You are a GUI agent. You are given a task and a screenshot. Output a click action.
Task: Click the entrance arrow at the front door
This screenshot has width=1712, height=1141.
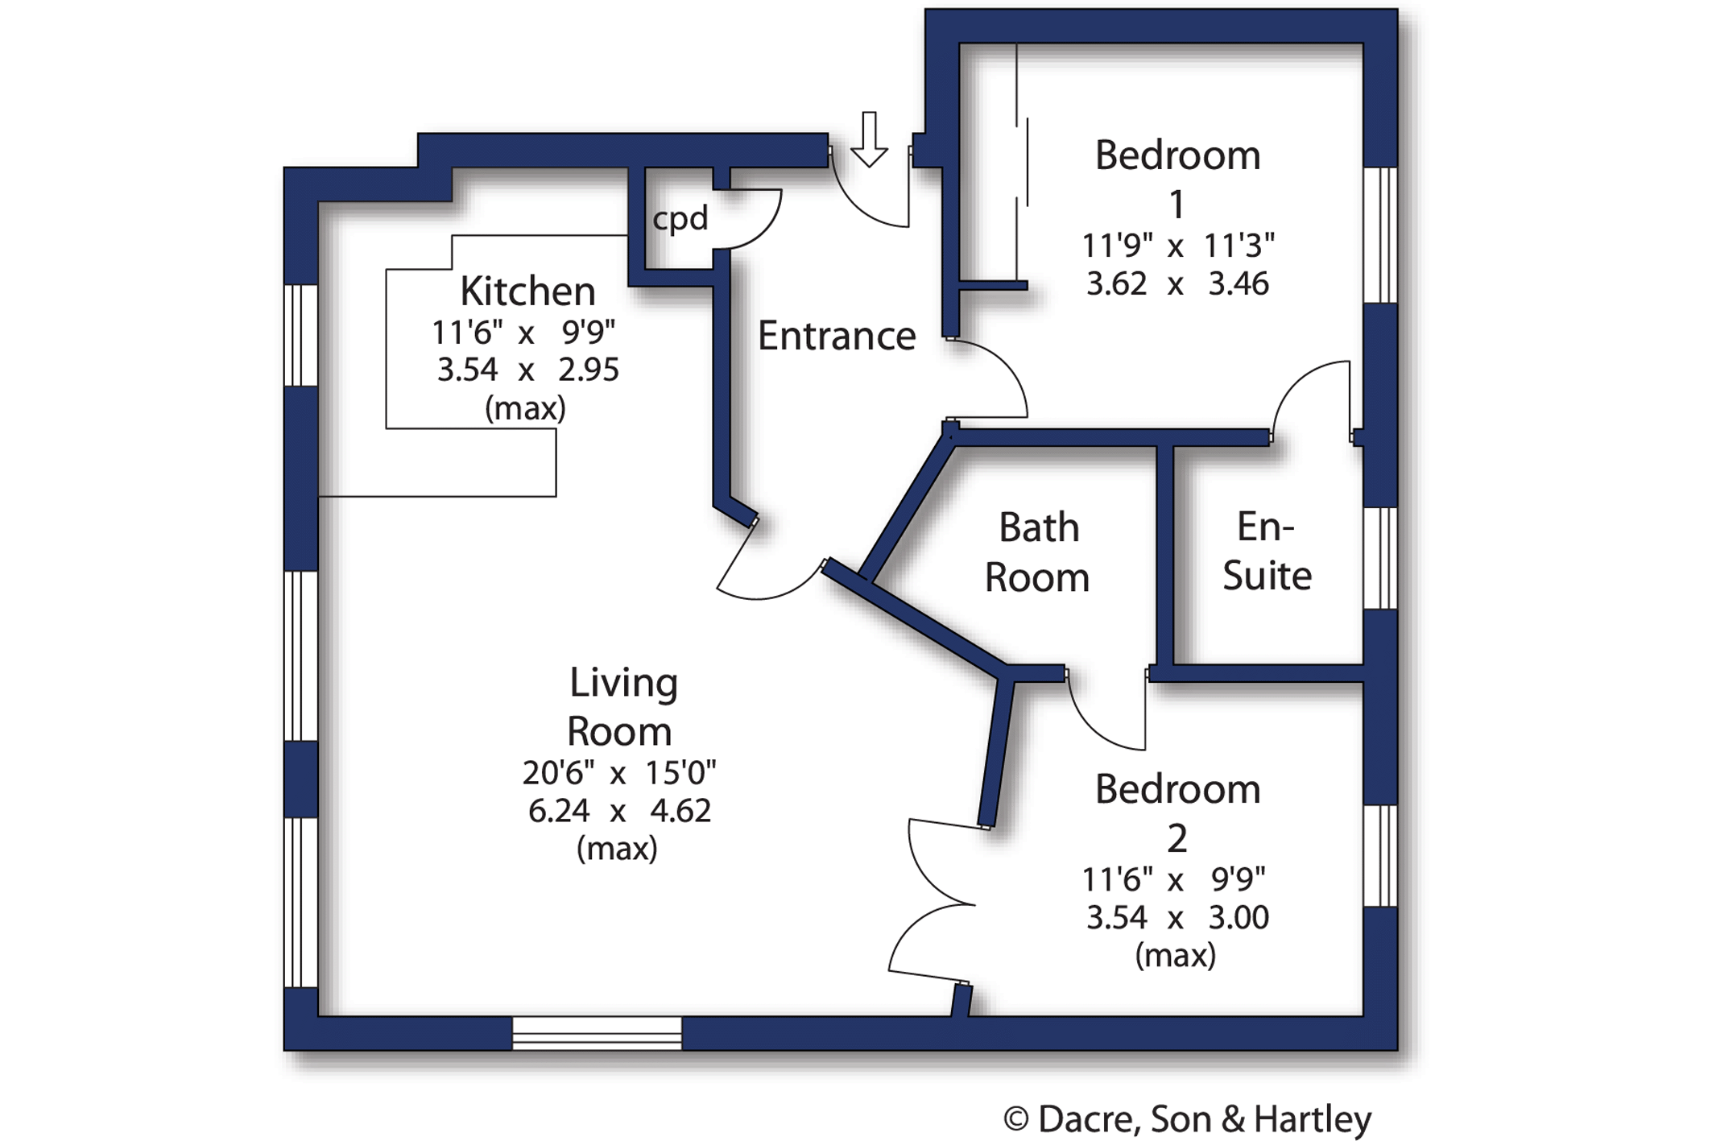[x=869, y=140]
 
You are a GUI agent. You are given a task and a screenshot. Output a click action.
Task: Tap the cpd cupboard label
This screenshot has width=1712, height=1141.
[x=680, y=219]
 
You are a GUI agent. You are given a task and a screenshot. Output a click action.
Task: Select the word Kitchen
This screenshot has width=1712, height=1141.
[x=527, y=291]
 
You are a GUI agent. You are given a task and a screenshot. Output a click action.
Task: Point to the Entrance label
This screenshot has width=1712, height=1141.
[x=837, y=336]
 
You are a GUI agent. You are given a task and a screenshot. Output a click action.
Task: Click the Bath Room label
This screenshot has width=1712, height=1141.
[x=1037, y=553]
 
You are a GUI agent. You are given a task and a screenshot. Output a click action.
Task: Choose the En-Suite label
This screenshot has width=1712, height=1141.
[x=1267, y=552]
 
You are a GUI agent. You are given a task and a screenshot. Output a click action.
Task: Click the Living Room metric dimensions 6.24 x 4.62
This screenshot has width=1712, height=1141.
[x=619, y=811]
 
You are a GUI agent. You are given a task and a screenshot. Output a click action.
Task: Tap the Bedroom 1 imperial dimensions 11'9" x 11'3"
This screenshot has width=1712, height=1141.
[x=1177, y=246]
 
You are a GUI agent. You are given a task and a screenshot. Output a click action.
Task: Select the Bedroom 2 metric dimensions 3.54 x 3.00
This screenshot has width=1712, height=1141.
[x=1177, y=918]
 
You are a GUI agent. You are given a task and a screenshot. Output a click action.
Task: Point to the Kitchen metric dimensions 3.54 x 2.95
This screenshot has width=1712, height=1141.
[x=527, y=370]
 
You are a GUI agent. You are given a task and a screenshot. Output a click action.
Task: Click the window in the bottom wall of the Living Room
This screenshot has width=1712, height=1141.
[x=597, y=1033]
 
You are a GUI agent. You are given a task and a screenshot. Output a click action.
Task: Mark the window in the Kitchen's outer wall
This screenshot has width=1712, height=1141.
[x=301, y=335]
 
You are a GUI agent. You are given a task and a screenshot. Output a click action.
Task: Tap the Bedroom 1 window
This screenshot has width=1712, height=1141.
[x=1380, y=234]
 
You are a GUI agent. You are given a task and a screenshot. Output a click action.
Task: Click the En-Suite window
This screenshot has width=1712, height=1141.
[x=1380, y=558]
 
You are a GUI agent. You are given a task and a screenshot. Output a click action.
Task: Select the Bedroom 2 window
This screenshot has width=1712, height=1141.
[x=1380, y=856]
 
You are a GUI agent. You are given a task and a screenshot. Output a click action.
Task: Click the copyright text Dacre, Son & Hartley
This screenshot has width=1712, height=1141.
[x=1187, y=1119]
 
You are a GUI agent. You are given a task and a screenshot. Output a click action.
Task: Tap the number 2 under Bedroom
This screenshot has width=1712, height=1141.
[x=1177, y=839]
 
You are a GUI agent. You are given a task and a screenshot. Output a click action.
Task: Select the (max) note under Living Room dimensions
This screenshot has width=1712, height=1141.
[x=617, y=849]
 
